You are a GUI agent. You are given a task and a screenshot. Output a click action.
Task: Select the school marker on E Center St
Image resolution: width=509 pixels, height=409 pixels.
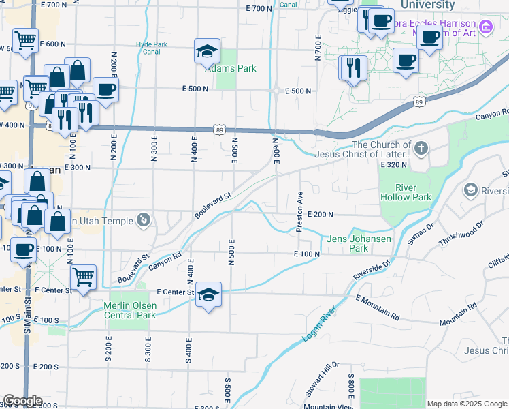(209, 294)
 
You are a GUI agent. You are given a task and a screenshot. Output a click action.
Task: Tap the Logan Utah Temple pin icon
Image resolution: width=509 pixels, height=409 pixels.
(144, 219)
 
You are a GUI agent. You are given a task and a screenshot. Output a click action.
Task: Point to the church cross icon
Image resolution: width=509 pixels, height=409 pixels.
(421, 147)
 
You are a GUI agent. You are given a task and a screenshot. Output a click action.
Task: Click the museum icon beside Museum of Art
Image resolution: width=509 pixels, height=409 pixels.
(485, 28)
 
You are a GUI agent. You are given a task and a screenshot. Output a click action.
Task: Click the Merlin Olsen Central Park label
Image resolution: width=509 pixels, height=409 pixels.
(130, 310)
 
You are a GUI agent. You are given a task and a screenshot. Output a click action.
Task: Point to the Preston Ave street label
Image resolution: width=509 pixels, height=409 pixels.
(299, 211)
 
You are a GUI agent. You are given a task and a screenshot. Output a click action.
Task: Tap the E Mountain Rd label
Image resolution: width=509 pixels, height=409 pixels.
(378, 307)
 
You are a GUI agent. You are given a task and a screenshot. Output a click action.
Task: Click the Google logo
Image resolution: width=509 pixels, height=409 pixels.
(22, 401)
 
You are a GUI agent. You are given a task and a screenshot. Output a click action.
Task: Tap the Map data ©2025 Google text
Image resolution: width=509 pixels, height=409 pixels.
(466, 404)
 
